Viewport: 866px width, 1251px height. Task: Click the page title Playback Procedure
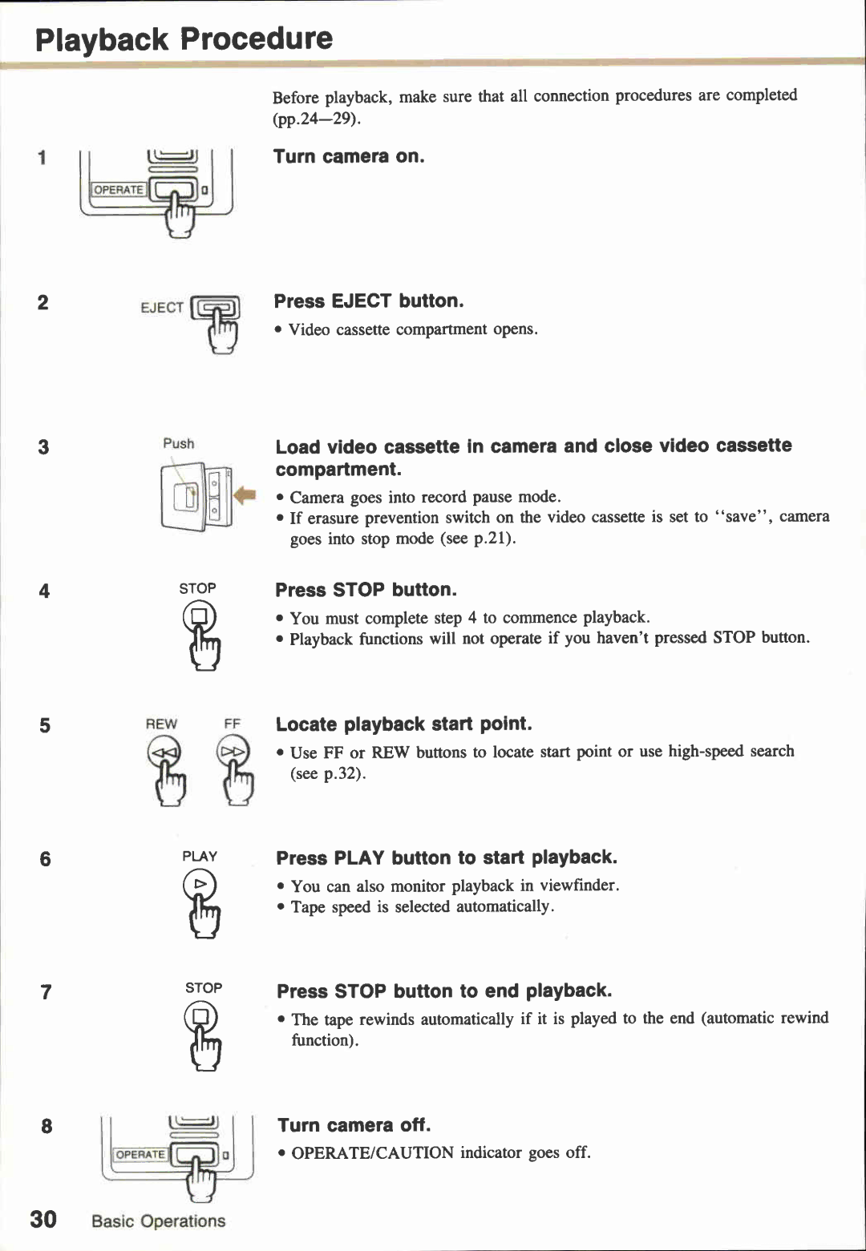click(184, 38)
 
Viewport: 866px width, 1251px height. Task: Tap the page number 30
click(43, 1219)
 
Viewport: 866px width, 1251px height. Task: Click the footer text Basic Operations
click(158, 1221)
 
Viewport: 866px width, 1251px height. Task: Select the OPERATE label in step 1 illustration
click(119, 190)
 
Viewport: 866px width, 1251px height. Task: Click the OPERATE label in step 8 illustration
click(140, 1154)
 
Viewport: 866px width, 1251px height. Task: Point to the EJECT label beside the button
click(161, 308)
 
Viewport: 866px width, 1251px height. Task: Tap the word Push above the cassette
click(178, 443)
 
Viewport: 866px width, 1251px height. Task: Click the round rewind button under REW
click(164, 753)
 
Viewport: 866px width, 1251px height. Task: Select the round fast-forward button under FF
click(233, 753)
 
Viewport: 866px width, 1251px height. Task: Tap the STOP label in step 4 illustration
click(197, 588)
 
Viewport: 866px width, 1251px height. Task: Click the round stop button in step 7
click(200, 1017)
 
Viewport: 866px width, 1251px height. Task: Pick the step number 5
click(44, 725)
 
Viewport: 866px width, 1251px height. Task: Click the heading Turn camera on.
click(349, 156)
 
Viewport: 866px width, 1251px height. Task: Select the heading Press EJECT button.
click(369, 301)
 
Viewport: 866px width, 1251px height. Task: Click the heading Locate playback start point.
click(403, 724)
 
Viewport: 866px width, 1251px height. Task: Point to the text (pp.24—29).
click(317, 119)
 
